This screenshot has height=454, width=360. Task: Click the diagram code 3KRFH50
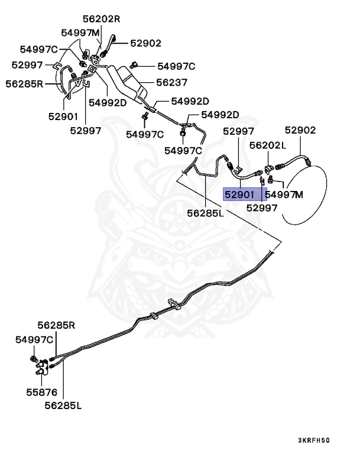(314, 440)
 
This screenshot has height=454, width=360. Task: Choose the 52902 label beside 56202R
(146, 43)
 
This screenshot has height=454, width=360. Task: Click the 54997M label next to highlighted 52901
(284, 194)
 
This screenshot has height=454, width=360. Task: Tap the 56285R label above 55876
(57, 325)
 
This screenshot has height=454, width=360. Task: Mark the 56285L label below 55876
(63, 406)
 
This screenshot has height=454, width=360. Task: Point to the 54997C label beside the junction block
(34, 339)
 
